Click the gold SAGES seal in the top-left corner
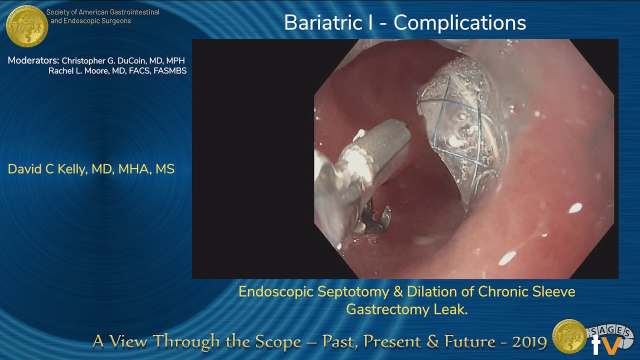coord(26,26)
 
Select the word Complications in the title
coord(460,23)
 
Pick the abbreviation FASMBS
coord(169,71)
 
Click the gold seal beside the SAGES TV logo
coord(569,336)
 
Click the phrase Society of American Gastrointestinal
coord(102,12)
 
